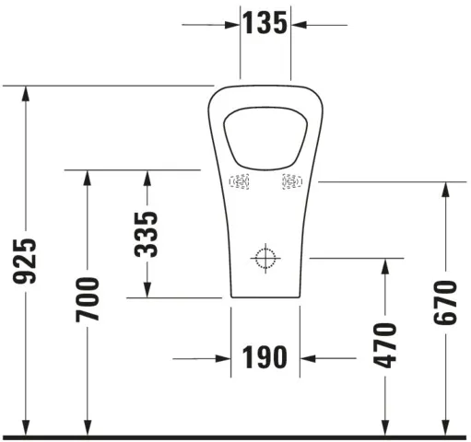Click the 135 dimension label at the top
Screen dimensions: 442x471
tap(265, 23)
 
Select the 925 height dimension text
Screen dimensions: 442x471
tap(29, 261)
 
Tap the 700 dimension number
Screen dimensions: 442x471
tap(88, 299)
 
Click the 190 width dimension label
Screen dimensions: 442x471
tap(266, 357)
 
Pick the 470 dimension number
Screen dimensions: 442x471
tap(385, 344)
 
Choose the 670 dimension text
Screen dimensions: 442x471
tap(445, 300)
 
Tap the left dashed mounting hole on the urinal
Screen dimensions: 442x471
tap(240, 182)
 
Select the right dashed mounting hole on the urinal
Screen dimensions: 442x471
tap(291, 182)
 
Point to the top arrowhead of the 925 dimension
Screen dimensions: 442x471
tap(29, 92)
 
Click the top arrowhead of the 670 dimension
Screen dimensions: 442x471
tap(445, 189)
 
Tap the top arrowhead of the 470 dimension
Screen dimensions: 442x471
tap(385, 265)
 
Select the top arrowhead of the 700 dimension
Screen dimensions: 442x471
tap(88, 177)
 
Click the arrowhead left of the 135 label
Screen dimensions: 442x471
tap(233, 24)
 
